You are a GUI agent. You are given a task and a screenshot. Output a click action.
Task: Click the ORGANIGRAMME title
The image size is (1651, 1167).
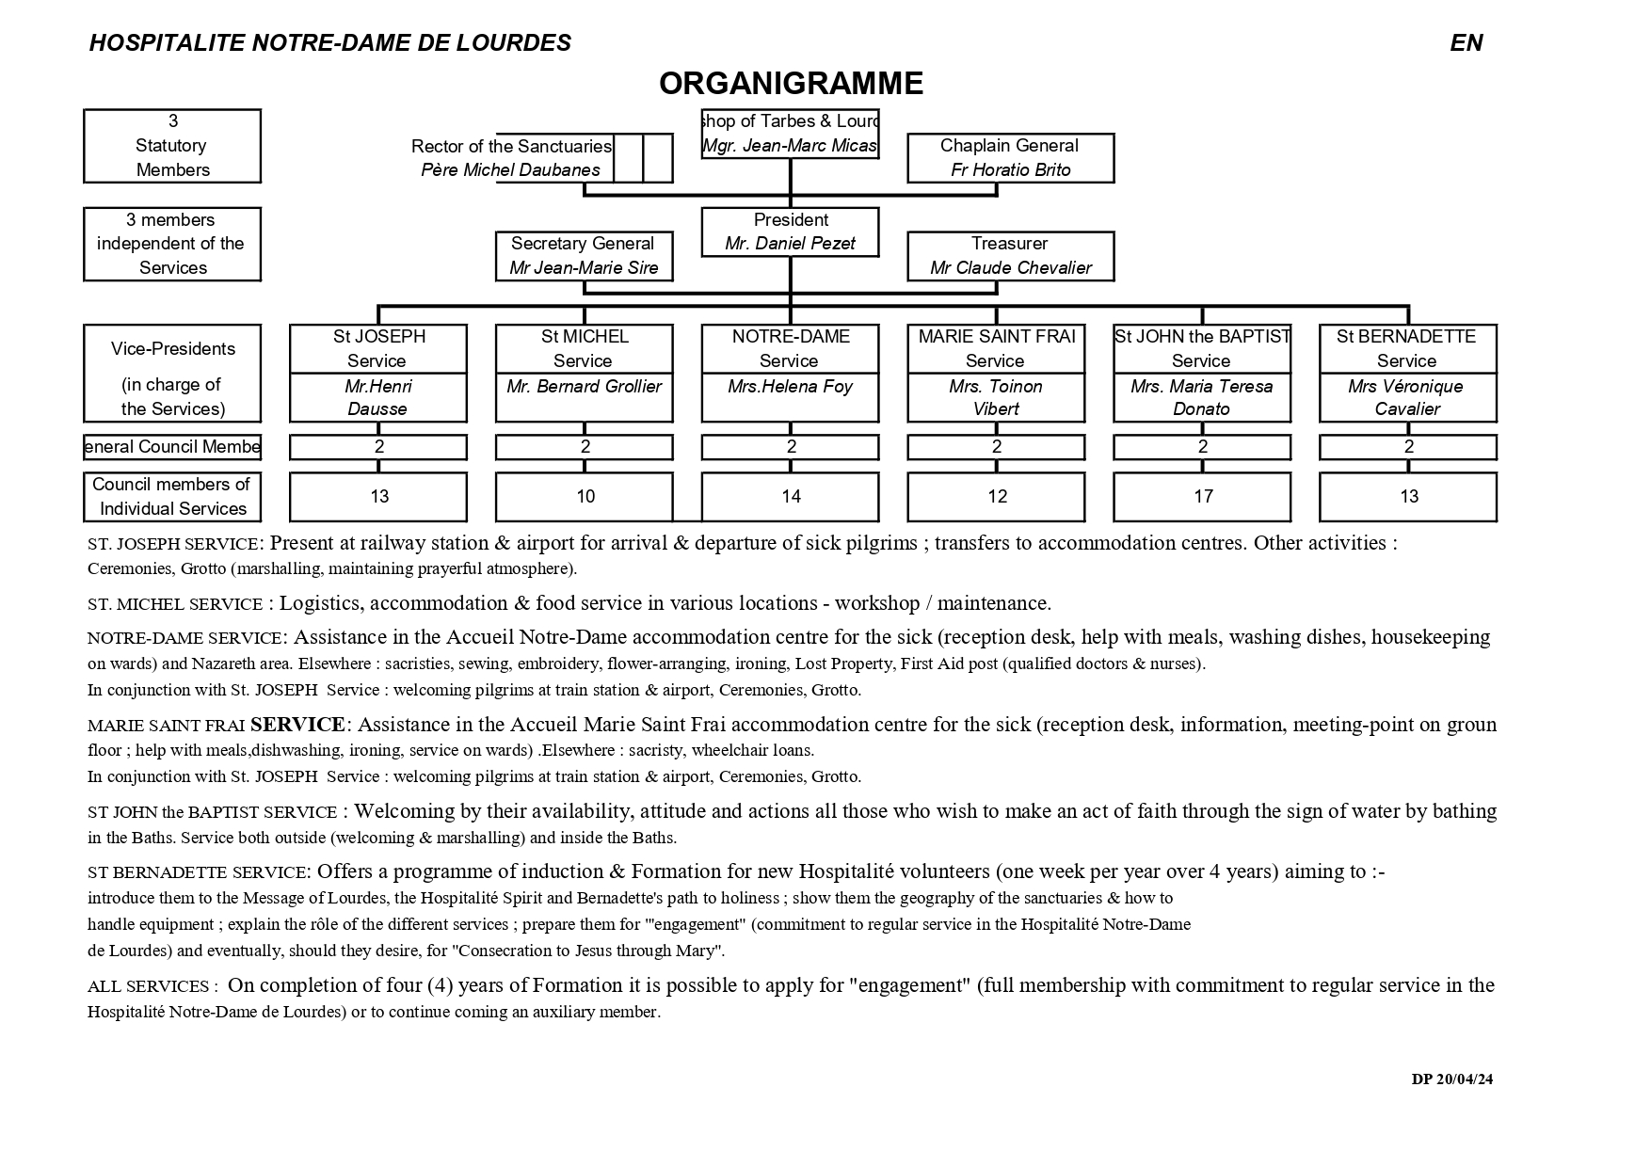(791, 84)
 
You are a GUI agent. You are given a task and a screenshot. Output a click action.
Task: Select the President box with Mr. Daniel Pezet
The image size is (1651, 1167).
(790, 232)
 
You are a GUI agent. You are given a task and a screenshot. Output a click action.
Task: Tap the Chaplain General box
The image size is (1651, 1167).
(1010, 157)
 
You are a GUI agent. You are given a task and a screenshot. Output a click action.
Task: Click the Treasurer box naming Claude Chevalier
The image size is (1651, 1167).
(1010, 256)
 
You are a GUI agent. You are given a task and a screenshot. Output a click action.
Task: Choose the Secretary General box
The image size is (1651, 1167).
(584, 256)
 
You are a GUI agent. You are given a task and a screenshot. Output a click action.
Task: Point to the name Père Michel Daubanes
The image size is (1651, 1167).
(510, 170)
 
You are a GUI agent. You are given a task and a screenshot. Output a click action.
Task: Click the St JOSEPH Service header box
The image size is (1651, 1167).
(378, 348)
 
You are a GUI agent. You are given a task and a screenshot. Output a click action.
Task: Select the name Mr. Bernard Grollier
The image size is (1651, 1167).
(584, 387)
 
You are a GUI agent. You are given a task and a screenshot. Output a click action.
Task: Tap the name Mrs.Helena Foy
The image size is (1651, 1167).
(790, 387)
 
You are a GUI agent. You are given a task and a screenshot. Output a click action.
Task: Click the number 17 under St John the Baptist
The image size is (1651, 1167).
(1203, 497)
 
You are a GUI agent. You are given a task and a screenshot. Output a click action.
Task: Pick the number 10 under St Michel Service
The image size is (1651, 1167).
(585, 497)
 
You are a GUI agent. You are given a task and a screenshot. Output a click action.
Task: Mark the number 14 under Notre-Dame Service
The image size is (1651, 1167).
(791, 497)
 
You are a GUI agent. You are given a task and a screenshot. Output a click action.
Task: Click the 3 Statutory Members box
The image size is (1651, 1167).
(172, 146)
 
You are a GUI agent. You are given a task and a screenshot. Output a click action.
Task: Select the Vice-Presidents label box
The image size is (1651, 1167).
(172, 374)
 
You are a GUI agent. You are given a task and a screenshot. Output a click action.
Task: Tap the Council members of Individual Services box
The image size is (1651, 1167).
(172, 497)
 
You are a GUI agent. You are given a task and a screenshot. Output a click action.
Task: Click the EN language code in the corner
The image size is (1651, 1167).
(1466, 43)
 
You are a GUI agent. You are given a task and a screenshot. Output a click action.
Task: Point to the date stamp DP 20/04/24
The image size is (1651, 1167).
(1451, 1079)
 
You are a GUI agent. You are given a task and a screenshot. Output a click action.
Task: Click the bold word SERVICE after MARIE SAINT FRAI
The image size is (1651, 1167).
(297, 725)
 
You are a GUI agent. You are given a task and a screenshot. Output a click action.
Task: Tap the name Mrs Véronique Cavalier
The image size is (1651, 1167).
(1406, 397)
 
